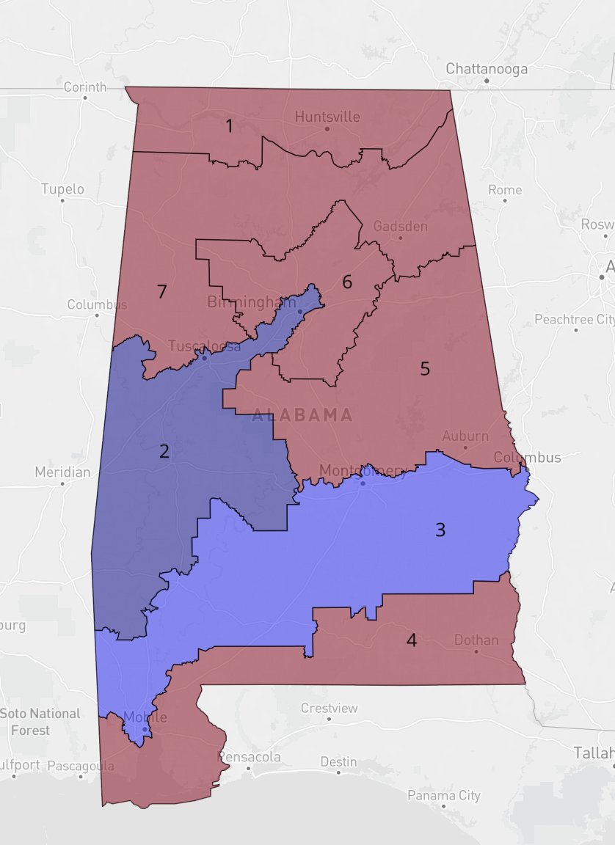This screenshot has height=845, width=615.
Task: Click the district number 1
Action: click(229, 126)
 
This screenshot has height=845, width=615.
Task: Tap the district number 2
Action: click(164, 451)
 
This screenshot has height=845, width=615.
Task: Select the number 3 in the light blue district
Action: click(440, 530)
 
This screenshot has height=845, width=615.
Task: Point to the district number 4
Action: click(412, 640)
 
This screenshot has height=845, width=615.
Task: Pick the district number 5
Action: click(425, 369)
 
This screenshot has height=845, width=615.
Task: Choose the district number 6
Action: click(347, 282)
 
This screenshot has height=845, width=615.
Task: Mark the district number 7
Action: click(162, 292)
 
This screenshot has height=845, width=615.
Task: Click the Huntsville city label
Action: click(327, 117)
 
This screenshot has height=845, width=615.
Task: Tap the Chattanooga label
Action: click(487, 69)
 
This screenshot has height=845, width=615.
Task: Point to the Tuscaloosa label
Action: click(204, 346)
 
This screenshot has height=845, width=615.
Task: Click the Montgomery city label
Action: click(363, 470)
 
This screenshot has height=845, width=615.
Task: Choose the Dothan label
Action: click(476, 640)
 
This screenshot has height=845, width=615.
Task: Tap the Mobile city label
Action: click(145, 717)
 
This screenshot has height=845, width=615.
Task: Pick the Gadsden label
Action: click(400, 226)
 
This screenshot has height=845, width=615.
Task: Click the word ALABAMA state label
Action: click(302, 415)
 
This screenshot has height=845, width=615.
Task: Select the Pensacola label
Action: click(250, 756)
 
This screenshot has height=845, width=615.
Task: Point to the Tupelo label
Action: click(62, 189)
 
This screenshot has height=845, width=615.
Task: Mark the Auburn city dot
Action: click(465, 447)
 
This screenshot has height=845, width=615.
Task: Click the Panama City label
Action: click(444, 795)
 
